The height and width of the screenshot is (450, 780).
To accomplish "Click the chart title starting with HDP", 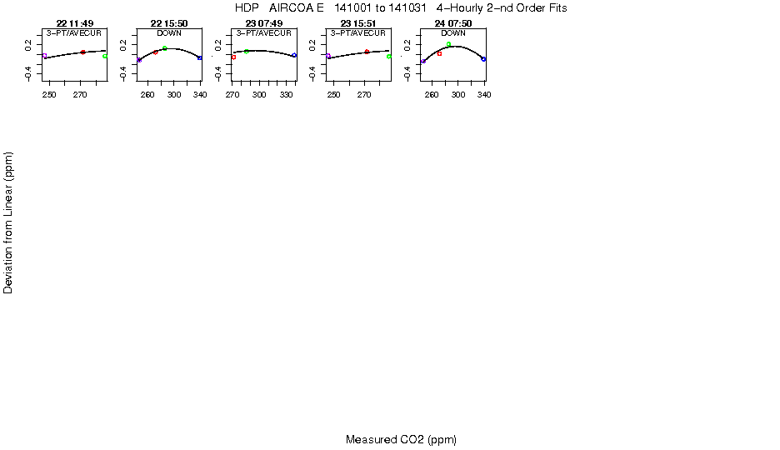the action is pos(401,8).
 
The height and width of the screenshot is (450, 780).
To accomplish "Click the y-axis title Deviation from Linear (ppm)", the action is pos(7,222).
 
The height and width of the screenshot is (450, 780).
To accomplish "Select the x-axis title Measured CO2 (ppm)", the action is pos(401,439).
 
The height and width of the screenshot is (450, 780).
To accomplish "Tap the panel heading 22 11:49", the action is pos(75,23).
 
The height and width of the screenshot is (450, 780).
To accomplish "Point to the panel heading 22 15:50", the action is pos(169,23).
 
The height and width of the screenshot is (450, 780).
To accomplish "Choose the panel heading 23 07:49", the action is pos(264,23).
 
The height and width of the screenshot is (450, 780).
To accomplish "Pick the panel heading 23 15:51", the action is pos(358,23).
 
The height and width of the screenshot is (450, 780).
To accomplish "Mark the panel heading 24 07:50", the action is pos(453,23).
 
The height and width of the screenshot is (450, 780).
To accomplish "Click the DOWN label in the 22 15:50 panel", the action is pos(169,33).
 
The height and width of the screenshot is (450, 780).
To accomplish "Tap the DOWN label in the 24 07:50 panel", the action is pos(453,33).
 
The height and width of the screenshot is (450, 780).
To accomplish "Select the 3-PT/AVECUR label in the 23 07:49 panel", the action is pos(263,33).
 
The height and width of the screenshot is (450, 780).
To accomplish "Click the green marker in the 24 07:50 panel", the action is pos(448,44).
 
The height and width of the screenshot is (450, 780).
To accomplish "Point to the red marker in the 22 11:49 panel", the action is pos(83,52).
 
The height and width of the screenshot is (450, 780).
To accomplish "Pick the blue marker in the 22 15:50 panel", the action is pos(199,58).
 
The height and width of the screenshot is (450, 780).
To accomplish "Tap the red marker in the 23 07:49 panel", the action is pos(233,57).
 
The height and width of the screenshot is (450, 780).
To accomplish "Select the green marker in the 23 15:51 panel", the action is pos(389,57).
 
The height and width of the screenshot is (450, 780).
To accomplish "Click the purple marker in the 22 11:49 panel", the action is pos(44,56).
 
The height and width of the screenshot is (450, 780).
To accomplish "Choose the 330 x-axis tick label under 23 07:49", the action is pos(287,94).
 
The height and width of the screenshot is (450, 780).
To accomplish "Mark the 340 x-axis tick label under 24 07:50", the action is pos(484,94).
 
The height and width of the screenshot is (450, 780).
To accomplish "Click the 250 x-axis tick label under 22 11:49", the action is pos(49,94).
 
